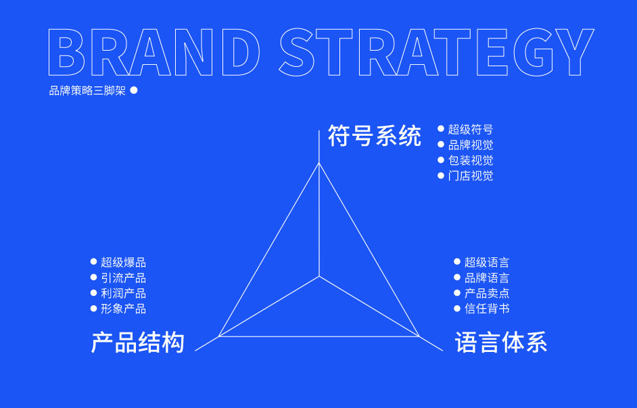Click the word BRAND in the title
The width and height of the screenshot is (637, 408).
point(154,52)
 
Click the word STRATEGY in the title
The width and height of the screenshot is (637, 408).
point(437,52)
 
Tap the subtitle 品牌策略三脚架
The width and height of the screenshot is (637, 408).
point(87,91)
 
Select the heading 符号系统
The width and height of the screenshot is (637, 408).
point(374,136)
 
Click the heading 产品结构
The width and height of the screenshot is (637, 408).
point(138,342)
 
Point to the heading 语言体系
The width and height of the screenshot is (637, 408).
point(501,342)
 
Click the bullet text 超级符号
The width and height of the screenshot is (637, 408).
point(471,130)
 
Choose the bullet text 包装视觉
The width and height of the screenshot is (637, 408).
point(471,160)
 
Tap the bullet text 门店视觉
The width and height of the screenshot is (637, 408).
point(471,176)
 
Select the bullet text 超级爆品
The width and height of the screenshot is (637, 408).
point(123,262)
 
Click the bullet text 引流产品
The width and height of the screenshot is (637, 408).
point(123,278)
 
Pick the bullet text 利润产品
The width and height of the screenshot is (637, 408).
point(123,294)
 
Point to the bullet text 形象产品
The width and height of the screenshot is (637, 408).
point(123,309)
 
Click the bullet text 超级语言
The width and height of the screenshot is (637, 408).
point(487,262)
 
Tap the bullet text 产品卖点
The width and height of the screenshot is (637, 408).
point(487,293)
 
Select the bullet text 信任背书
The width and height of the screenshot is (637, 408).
point(487,309)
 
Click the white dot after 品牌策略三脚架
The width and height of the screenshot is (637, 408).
point(134,90)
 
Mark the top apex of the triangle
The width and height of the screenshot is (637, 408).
point(319,163)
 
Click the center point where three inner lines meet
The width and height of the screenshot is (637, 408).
point(319,276)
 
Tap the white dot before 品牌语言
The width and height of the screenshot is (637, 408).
point(457,278)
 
